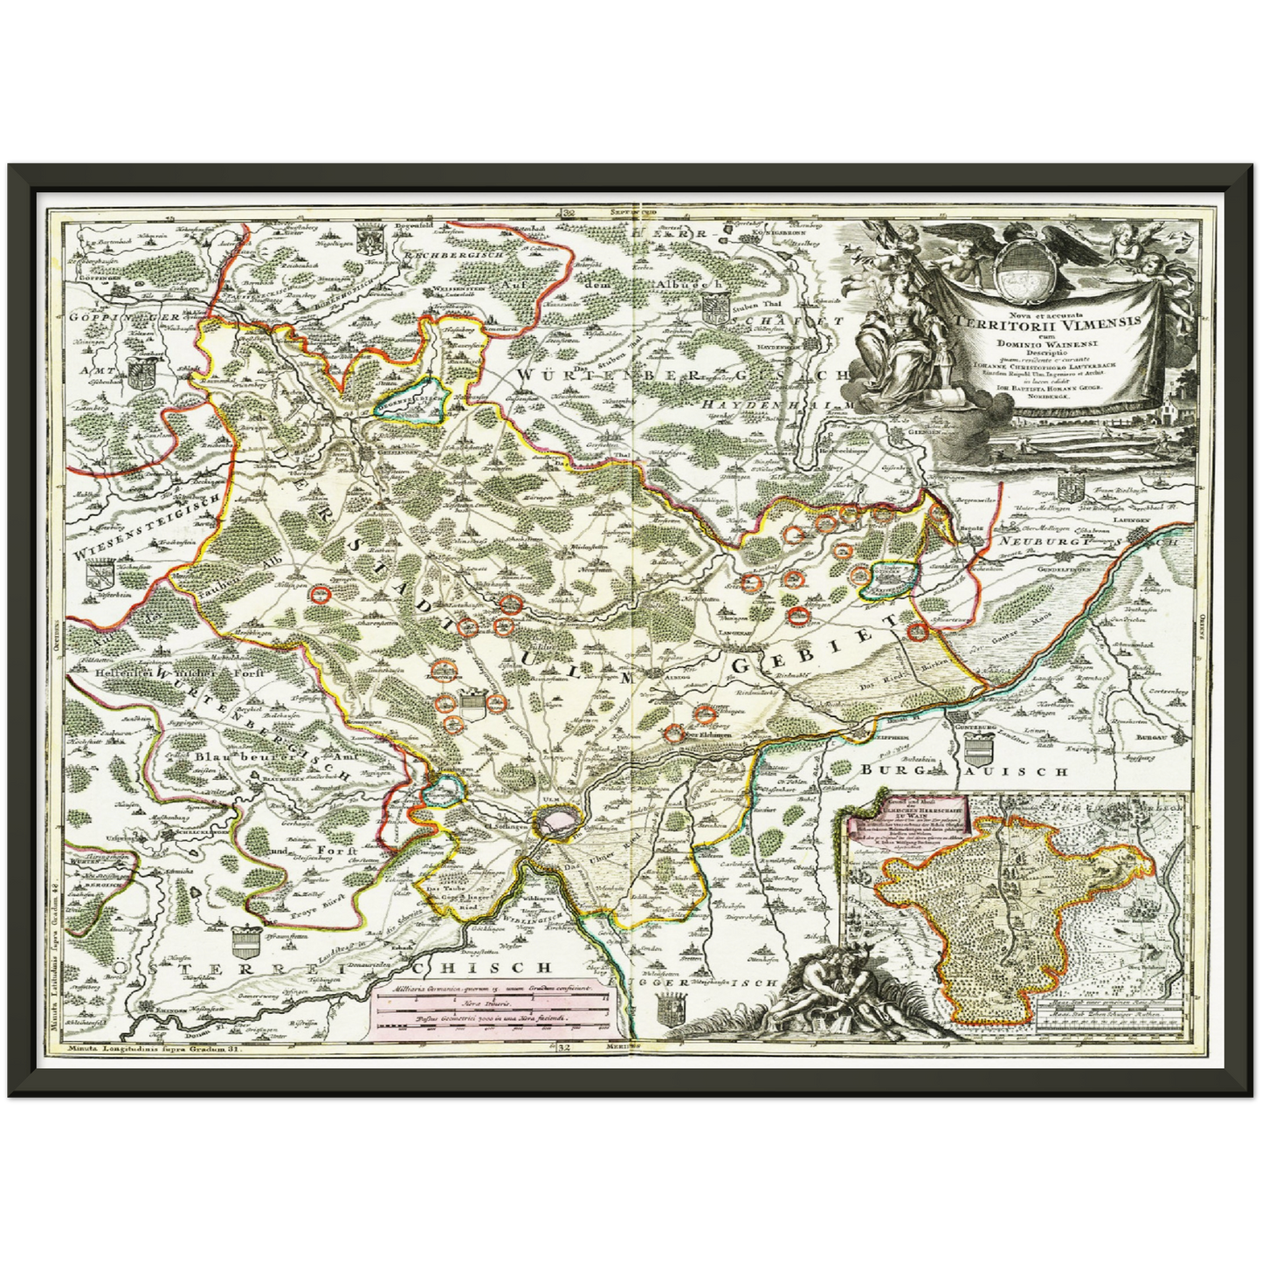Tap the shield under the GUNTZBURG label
(x=977, y=747)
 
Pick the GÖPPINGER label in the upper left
(x=123, y=316)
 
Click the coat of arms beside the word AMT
(x=139, y=376)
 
